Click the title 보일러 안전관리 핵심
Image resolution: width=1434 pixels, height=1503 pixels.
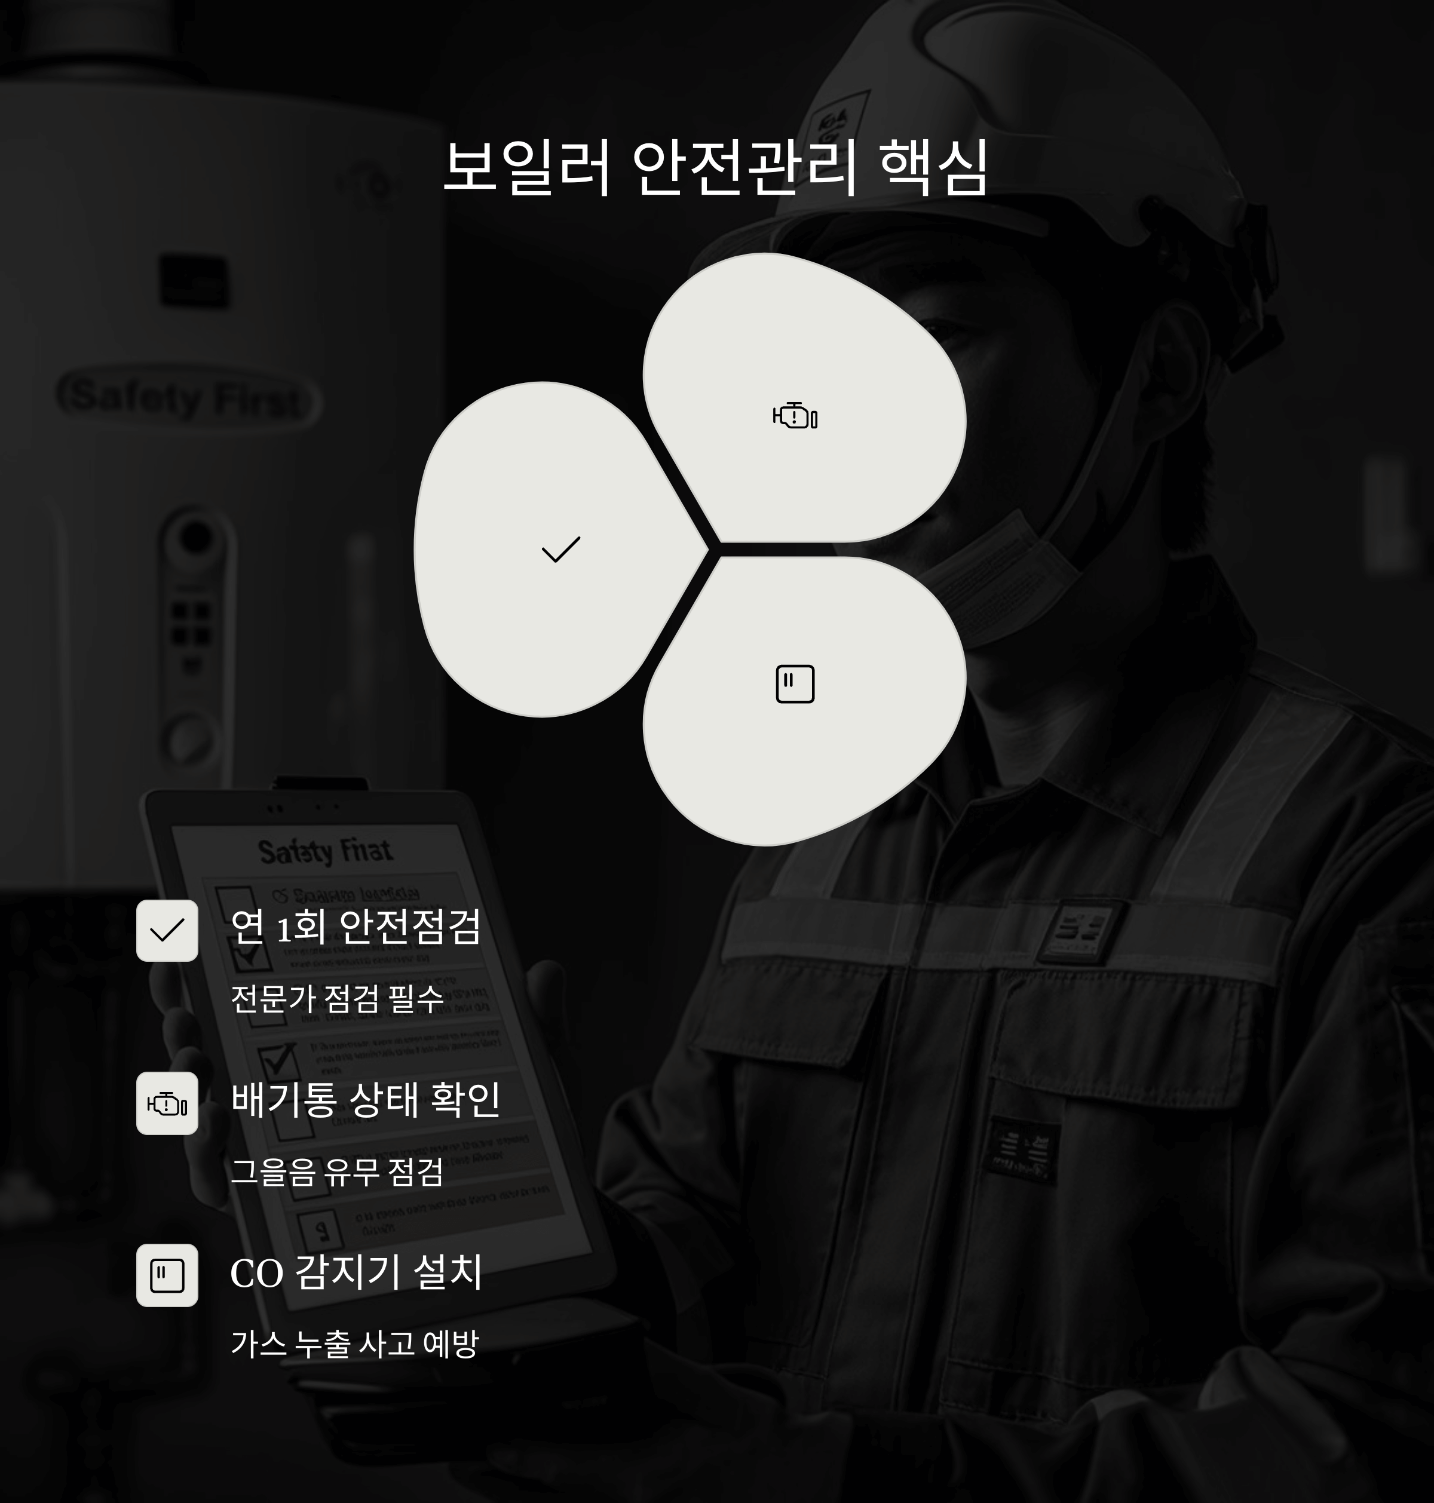point(715,168)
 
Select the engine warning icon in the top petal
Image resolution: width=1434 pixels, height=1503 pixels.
point(795,416)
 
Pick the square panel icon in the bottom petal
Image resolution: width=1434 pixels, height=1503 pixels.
point(795,684)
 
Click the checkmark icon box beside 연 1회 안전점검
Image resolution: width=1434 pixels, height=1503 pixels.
point(167,930)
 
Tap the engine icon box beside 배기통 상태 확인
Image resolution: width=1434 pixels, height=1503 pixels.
point(167,1103)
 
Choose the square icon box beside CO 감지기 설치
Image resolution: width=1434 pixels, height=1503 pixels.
point(167,1275)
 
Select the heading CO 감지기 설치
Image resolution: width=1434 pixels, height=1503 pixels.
point(356,1272)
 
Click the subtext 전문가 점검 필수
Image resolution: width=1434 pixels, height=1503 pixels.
point(337,999)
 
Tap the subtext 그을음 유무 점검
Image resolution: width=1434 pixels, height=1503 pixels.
point(337,1171)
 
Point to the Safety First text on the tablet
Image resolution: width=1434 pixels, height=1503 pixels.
point(325,851)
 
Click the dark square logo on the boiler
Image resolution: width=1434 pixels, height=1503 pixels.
point(194,281)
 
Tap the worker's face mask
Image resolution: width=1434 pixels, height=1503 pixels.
point(1001,573)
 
